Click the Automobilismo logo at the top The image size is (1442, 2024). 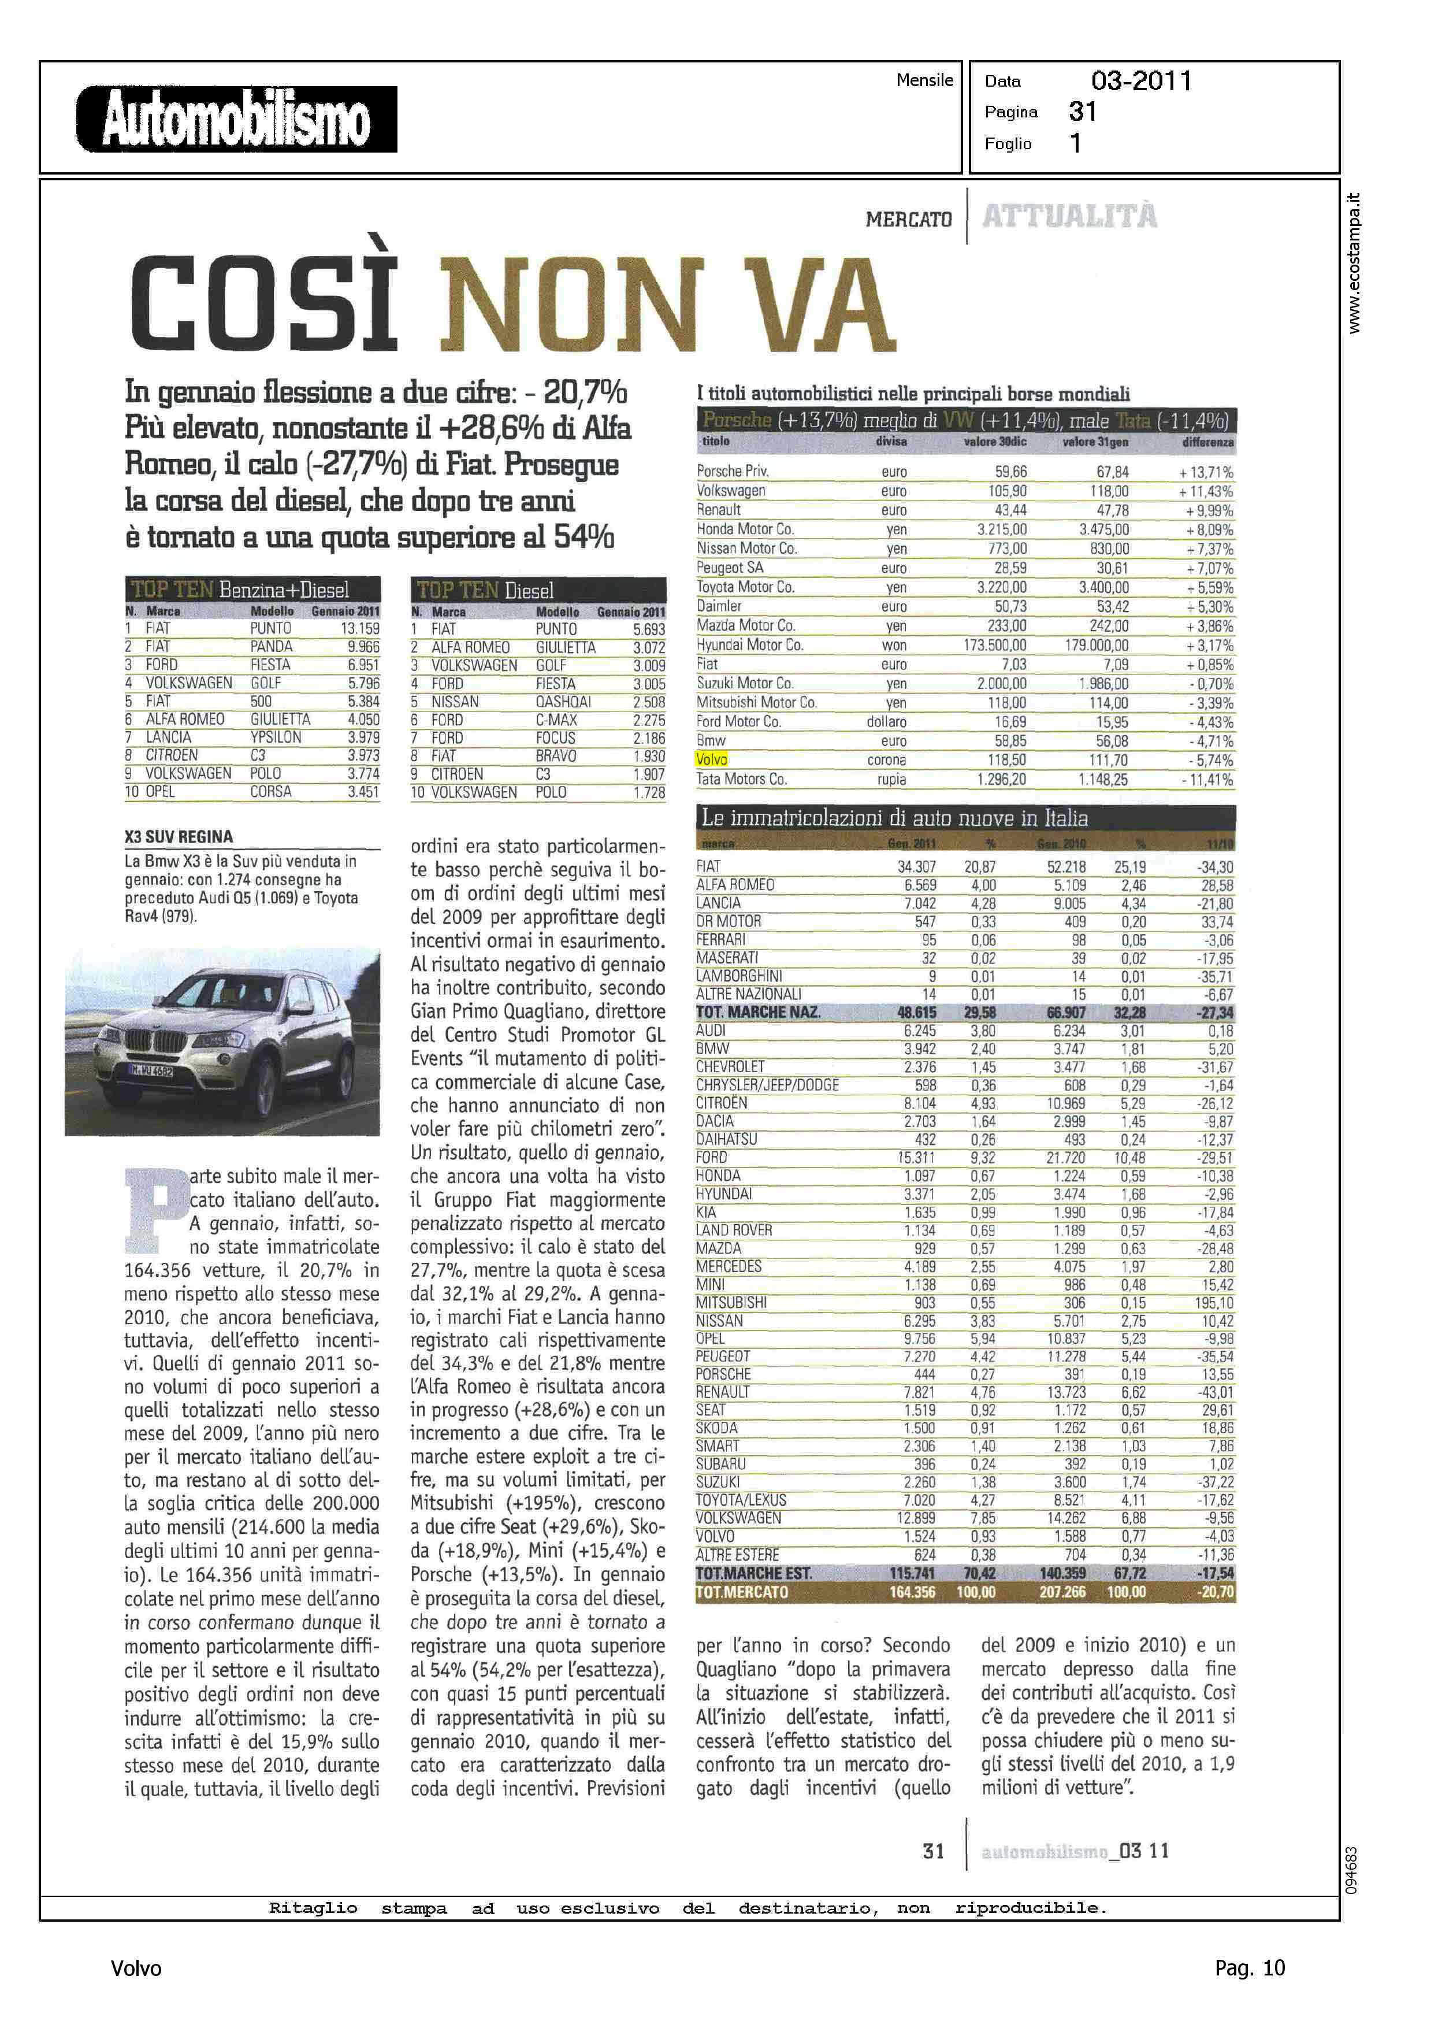coord(236,119)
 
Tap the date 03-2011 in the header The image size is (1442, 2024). coord(1141,81)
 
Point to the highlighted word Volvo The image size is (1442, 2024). coord(711,760)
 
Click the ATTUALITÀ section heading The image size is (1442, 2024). coord(1070,216)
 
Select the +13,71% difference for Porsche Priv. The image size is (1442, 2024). coord(1206,472)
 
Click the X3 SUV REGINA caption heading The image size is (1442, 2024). coord(179,837)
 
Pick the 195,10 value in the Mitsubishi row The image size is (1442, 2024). coord(1214,1303)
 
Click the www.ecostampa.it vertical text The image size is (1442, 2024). coord(1353,263)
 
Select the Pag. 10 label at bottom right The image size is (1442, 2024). coord(1249,1968)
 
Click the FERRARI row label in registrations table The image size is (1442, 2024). coord(721,940)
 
